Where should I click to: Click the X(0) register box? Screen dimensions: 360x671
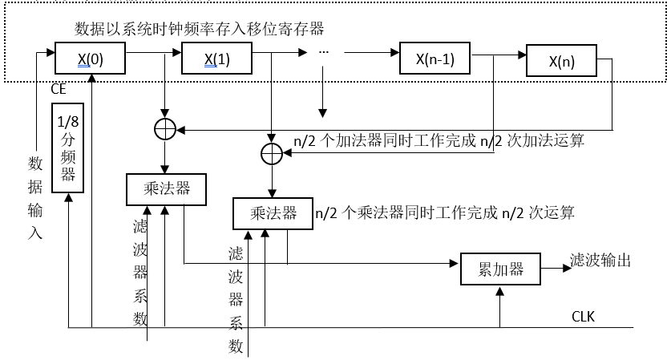[91, 59]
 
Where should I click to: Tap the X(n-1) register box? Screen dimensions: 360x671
[435, 59]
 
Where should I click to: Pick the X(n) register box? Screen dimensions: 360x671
[561, 62]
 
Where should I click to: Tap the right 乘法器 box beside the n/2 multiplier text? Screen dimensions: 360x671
[272, 212]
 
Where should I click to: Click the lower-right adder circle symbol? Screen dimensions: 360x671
[272, 152]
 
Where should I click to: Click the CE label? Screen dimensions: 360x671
[59, 90]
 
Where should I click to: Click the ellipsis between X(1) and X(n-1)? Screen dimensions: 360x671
[324, 52]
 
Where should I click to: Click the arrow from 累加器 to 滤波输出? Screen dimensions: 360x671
[553, 261]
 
